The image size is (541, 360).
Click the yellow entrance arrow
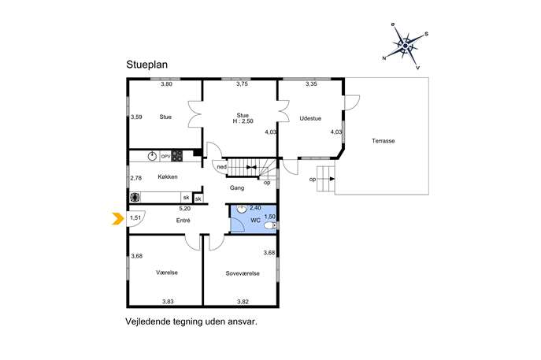[118, 218]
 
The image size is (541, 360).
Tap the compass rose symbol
[406, 46]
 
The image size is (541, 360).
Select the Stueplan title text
[146, 65]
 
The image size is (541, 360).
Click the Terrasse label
[383, 141]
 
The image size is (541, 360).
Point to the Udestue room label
[310, 118]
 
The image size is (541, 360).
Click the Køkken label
[168, 176]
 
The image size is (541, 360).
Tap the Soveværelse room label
[243, 273]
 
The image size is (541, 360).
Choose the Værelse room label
[167, 273]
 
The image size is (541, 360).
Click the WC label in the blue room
[255, 221]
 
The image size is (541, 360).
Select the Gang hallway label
[237, 187]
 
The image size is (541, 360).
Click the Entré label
[183, 221]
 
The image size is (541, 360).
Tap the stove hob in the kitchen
[177, 156]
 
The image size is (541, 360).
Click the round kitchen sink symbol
[152, 156]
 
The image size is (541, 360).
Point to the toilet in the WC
[270, 226]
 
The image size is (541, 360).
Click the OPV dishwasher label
[165, 156]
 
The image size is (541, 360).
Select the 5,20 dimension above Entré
[184, 209]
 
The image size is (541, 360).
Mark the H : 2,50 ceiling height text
[243, 121]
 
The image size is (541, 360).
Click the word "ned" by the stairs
[222, 167]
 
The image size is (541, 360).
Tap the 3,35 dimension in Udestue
[311, 84]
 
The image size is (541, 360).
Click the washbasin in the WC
[242, 209]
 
